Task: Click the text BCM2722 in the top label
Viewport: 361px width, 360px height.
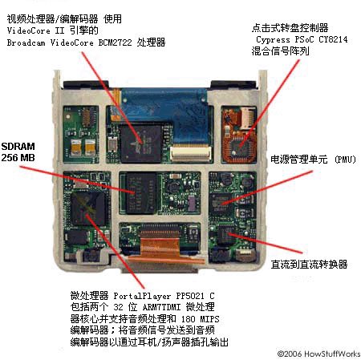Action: click(x=115, y=42)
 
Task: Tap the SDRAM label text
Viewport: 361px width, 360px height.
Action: click(x=18, y=147)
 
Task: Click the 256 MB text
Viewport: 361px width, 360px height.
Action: click(x=18, y=157)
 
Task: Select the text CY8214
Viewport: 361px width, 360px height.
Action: click(x=333, y=39)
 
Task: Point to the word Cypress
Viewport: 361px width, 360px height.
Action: click(x=273, y=39)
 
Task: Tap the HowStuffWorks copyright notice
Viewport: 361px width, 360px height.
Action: click(x=318, y=354)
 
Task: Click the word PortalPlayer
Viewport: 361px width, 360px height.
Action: click(x=142, y=296)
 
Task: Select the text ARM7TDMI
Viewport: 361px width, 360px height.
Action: click(x=161, y=307)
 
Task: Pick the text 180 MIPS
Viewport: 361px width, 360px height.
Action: click(x=200, y=319)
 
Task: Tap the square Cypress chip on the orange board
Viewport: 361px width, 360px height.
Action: click(x=240, y=146)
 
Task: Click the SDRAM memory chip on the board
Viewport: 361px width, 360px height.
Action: click(x=141, y=192)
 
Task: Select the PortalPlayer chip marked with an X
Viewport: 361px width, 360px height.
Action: click(x=88, y=208)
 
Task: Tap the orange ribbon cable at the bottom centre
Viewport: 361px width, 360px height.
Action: click(x=161, y=249)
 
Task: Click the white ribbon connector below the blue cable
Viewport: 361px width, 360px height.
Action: click(x=191, y=154)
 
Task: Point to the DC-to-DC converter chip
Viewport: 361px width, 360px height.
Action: click(x=226, y=234)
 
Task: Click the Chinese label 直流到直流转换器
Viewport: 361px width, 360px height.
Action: click(x=309, y=265)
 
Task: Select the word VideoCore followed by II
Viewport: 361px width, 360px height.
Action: click(x=29, y=30)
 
